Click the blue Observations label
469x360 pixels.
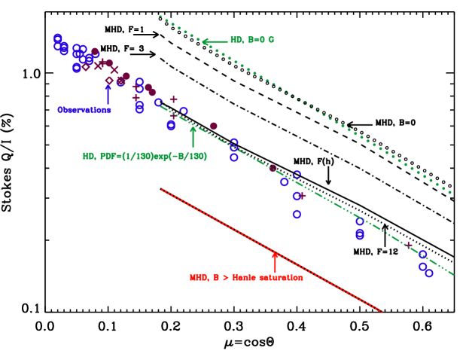coord(84,110)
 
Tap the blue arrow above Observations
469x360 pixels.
coord(108,93)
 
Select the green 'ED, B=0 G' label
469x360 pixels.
coord(252,40)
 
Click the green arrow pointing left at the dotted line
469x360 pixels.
coord(215,41)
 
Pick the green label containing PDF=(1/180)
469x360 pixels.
coord(145,157)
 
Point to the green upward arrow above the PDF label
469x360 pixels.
coord(193,136)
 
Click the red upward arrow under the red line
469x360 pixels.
coord(275,263)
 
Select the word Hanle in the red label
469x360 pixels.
coord(243,278)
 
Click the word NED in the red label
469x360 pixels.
coord(198,278)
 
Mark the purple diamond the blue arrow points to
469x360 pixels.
coord(109,81)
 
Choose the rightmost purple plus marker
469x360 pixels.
coord(409,245)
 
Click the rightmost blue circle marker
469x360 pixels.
coord(428,273)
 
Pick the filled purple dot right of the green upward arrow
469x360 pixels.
coord(213,126)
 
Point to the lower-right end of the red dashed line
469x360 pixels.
coord(382,310)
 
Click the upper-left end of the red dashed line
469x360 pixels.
coord(162,190)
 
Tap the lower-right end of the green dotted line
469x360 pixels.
coord(451,194)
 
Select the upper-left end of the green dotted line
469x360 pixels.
coord(160,16)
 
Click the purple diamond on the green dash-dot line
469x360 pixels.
coord(273,168)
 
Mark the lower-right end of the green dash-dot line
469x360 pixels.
coord(453,274)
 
